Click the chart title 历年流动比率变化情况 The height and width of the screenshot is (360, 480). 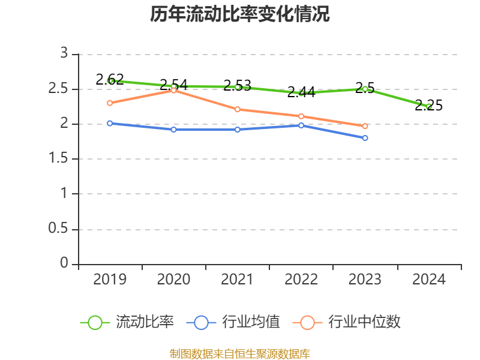click(x=240, y=14)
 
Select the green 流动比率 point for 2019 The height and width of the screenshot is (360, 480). click(x=110, y=80)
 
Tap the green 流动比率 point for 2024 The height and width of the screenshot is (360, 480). click(x=428, y=106)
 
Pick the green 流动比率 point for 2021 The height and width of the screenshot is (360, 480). click(x=238, y=87)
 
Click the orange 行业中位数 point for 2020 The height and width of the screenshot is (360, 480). click(x=174, y=91)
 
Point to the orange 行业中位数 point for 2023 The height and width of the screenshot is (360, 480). click(x=365, y=126)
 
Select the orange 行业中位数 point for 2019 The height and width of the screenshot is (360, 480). click(x=110, y=103)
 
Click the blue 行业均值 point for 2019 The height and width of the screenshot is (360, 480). click(x=110, y=123)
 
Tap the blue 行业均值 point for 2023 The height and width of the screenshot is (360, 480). click(x=365, y=138)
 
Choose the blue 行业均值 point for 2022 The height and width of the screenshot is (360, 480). click(x=301, y=125)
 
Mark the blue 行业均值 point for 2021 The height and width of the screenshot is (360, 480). click(x=238, y=130)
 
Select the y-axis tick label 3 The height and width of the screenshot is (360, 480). click(x=64, y=54)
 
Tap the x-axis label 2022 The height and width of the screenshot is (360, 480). click(x=301, y=280)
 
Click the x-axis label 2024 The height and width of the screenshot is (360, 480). click(x=428, y=280)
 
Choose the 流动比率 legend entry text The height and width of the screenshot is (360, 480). click(x=145, y=322)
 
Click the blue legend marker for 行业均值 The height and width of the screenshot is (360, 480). click(x=201, y=322)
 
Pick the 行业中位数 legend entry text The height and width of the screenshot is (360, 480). click(x=364, y=322)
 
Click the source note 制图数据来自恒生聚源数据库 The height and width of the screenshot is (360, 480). click(x=240, y=353)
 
